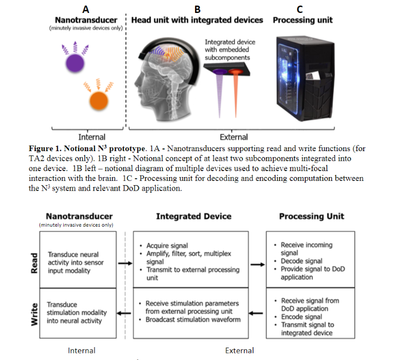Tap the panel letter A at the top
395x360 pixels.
click(x=85, y=9)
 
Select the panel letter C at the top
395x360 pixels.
click(x=300, y=9)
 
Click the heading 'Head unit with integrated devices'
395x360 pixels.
click(x=197, y=21)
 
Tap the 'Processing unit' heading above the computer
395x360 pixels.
click(x=303, y=21)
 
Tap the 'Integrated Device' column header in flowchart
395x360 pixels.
click(x=193, y=216)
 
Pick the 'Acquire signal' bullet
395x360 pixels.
click(x=168, y=246)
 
